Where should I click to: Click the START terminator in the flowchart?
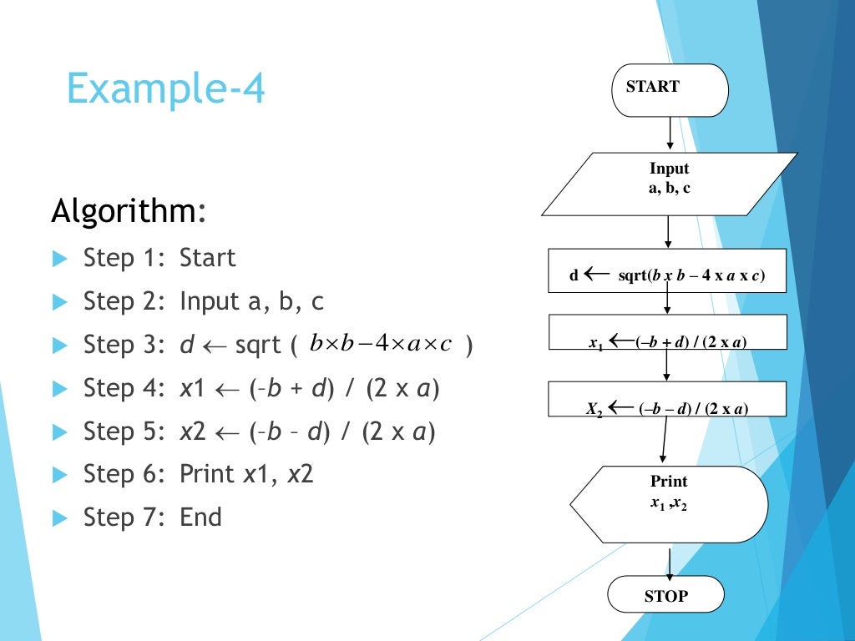[x=670, y=88]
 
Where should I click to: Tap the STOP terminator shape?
[x=665, y=595]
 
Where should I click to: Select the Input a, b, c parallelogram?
[x=669, y=184]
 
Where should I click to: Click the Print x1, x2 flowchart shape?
[x=669, y=503]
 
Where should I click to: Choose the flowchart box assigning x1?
[x=666, y=331]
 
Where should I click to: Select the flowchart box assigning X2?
[x=666, y=399]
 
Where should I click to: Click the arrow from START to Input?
[x=670, y=134]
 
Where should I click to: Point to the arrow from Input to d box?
[x=668, y=232]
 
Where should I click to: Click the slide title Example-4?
[x=165, y=88]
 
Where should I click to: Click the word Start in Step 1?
[x=208, y=258]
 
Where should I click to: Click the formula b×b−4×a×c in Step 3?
[x=380, y=344]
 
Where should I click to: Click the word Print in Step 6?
[x=207, y=474]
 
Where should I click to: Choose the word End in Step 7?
[x=200, y=517]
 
